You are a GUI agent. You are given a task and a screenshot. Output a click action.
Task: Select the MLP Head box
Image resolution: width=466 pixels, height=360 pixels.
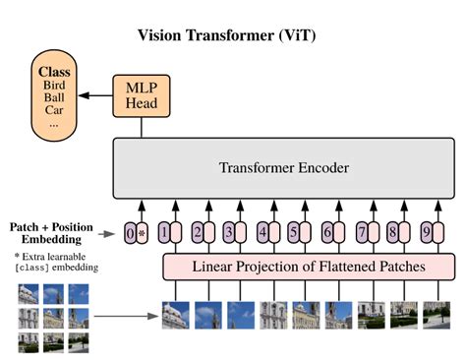141,95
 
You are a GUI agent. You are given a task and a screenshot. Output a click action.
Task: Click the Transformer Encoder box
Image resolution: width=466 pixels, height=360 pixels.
284,167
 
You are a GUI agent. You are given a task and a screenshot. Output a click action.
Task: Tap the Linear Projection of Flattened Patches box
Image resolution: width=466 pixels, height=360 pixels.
308,267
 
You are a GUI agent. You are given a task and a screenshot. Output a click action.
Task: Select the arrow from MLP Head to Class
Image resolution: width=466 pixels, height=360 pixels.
96,96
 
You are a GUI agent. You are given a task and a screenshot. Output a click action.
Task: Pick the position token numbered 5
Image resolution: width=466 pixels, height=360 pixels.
293,233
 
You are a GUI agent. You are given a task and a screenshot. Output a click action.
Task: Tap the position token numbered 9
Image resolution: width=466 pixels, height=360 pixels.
425,233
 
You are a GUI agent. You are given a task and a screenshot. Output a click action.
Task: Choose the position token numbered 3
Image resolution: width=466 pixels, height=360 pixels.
228,233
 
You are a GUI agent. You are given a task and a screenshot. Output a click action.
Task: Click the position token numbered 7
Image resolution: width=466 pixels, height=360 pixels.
361,233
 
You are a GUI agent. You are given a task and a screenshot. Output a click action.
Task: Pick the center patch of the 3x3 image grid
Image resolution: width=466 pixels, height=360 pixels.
52,317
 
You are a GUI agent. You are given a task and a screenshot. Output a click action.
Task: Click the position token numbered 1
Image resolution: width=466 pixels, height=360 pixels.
163,233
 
